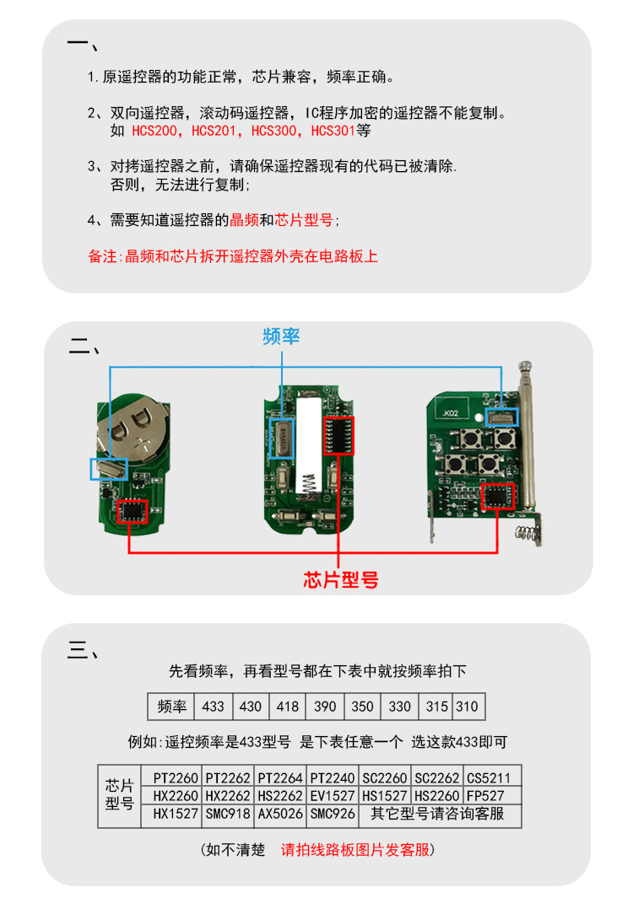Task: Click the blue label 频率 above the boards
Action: pos(281,336)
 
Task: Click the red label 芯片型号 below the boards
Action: pos(340,579)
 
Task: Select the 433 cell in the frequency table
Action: pos(214,707)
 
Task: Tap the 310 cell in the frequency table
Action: pos(467,707)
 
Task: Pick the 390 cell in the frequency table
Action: pos(325,707)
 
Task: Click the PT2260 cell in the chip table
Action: pos(176,777)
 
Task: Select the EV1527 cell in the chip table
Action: pos(332,795)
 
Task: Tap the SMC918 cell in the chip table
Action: pos(227,815)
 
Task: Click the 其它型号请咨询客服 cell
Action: pos(437,815)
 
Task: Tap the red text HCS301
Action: pos(333,132)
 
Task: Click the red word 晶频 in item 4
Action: pos(244,220)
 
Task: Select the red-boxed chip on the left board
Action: pos(133,511)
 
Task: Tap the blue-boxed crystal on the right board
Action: pos(502,413)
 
